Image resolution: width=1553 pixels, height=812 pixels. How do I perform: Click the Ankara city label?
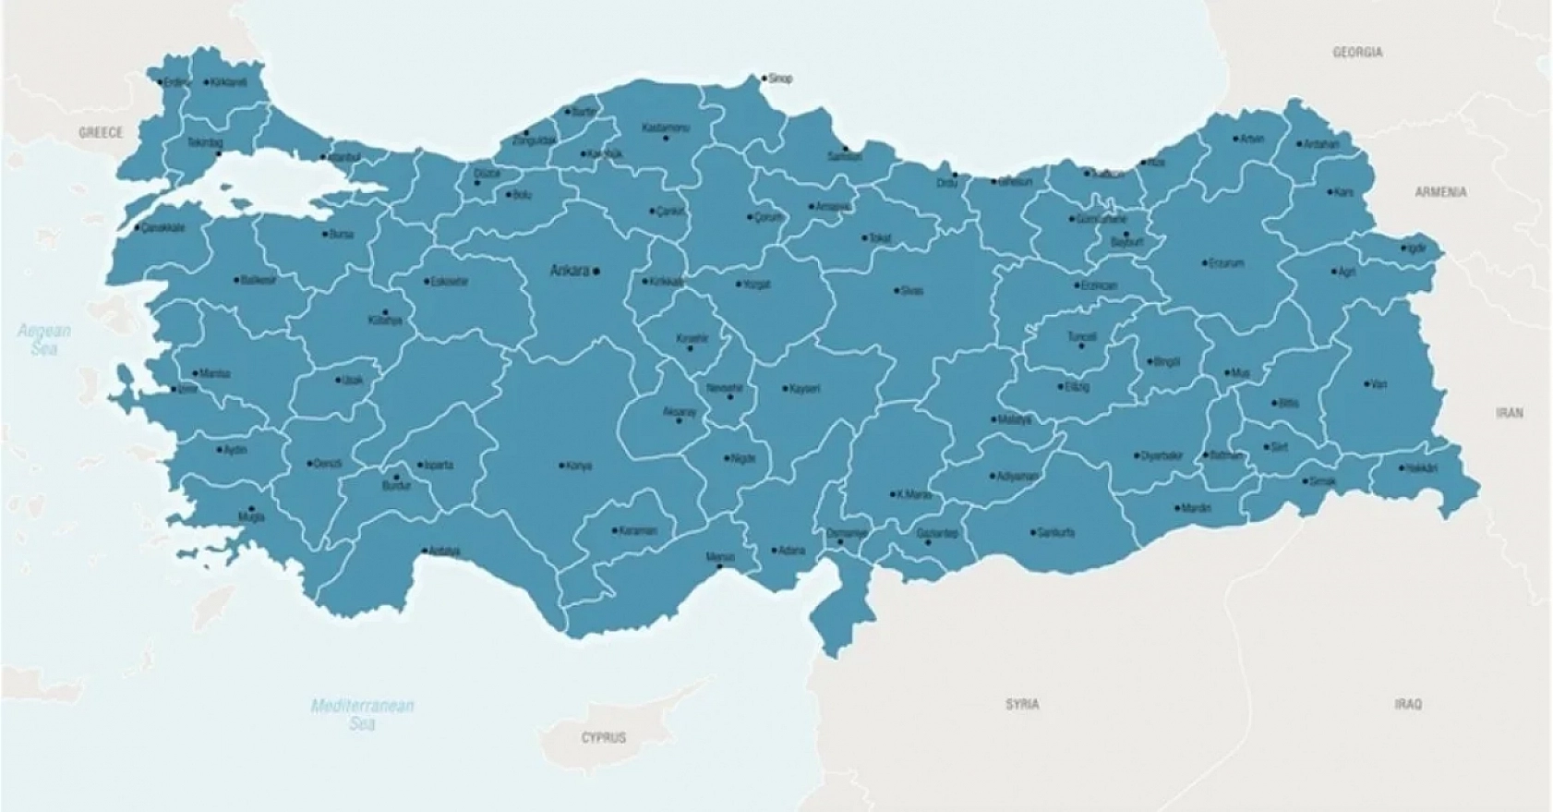click(x=569, y=271)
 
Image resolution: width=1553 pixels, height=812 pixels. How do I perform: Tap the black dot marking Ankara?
click(x=596, y=271)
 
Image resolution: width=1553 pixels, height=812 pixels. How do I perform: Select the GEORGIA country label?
click(x=1357, y=53)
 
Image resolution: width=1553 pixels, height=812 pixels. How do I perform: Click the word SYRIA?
click(x=1022, y=704)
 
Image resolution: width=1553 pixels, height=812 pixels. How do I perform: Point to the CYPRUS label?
click(x=603, y=737)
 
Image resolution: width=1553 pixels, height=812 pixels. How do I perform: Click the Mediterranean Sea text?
click(x=362, y=714)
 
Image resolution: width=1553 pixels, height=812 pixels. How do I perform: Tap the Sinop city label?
click(x=780, y=79)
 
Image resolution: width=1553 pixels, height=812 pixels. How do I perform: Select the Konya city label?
click(x=579, y=466)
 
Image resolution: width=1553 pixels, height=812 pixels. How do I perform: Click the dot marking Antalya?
click(x=425, y=551)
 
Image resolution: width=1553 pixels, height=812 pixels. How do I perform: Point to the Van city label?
click(x=1378, y=383)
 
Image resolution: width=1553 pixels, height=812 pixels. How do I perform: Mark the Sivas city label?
click(x=911, y=290)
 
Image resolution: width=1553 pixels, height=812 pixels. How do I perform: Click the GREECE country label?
click(x=100, y=132)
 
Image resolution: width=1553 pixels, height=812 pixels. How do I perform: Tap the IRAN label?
click(x=1509, y=413)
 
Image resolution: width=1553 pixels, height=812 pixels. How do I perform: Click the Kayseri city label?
click(x=804, y=389)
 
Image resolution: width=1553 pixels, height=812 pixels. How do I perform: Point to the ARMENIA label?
click(x=1440, y=192)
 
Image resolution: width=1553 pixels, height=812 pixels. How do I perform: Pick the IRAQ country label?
click(x=1408, y=704)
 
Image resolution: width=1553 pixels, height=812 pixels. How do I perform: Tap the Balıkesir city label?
click(x=259, y=279)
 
